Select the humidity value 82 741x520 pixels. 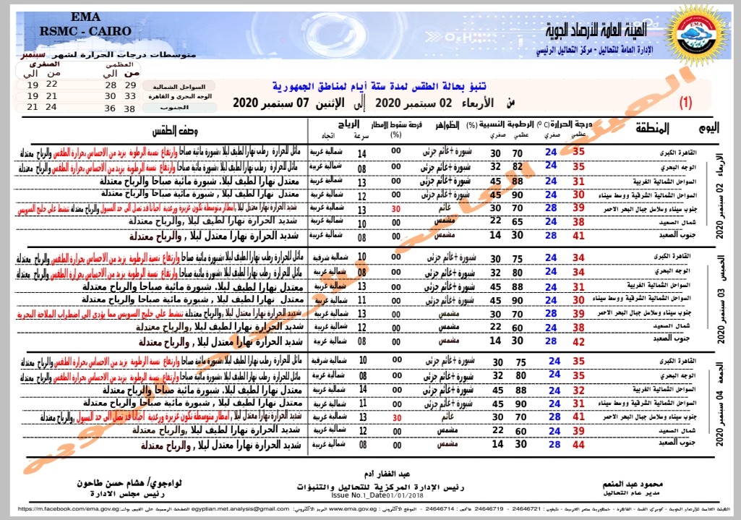(x=518, y=166)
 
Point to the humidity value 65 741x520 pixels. (x=518, y=221)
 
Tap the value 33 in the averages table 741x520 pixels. (x=130, y=95)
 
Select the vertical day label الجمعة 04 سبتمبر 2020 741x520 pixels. (x=719, y=404)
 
